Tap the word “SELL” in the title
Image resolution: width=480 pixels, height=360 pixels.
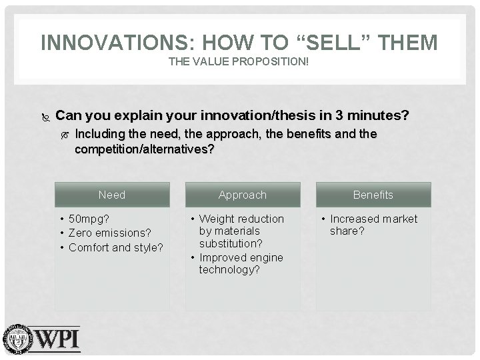click(x=333, y=43)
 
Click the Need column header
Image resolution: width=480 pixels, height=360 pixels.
click(x=111, y=195)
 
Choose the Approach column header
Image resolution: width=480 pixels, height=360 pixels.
click(x=242, y=195)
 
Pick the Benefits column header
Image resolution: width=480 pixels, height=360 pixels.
click(x=373, y=195)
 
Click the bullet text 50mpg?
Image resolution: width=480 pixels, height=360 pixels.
click(x=89, y=219)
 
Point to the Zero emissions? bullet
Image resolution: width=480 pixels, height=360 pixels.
click(x=110, y=233)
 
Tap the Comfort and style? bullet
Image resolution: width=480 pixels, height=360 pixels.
click(x=116, y=247)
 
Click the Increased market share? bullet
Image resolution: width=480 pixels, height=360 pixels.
click(x=373, y=225)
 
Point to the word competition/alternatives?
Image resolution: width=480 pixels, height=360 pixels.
click(x=144, y=149)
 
